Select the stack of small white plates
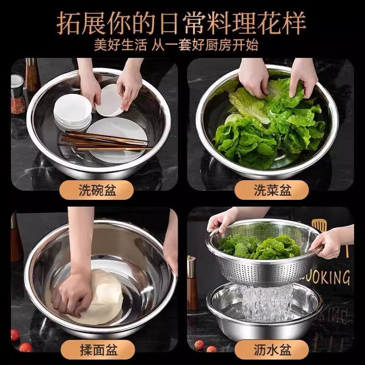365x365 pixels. pyautogui.click(x=72, y=112)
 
